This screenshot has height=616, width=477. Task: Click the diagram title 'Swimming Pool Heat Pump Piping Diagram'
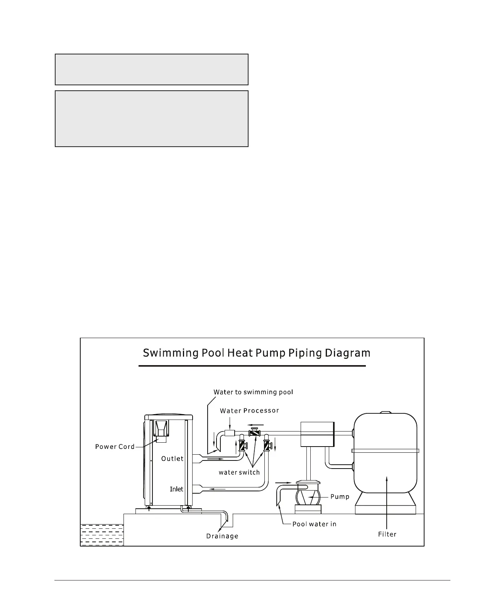pyautogui.click(x=256, y=353)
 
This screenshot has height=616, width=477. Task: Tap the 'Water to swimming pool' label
pyautogui.click(x=253, y=392)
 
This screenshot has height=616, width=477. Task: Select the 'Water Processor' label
pyautogui.click(x=249, y=411)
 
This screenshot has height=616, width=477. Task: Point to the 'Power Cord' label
pyautogui.click(x=115, y=447)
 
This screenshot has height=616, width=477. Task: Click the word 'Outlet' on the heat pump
pyautogui.click(x=172, y=459)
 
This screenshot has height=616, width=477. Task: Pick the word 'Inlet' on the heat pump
pyautogui.click(x=176, y=489)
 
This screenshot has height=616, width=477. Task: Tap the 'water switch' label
pyautogui.click(x=239, y=472)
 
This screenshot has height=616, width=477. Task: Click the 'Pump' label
pyautogui.click(x=340, y=497)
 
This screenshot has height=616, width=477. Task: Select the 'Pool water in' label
pyautogui.click(x=314, y=524)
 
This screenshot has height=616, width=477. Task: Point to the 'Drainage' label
pyautogui.click(x=222, y=536)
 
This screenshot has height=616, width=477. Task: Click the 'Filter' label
pyautogui.click(x=387, y=534)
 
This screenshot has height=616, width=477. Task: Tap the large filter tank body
pyautogui.click(x=385, y=463)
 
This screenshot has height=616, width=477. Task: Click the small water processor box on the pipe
pyautogui.click(x=230, y=433)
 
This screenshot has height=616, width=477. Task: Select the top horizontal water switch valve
pyautogui.click(x=254, y=433)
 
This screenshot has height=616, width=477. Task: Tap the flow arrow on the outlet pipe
pyautogui.click(x=215, y=459)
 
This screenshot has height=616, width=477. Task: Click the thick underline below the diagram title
pyautogui.click(x=252, y=366)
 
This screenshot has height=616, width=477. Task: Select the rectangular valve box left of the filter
pyautogui.click(x=317, y=434)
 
